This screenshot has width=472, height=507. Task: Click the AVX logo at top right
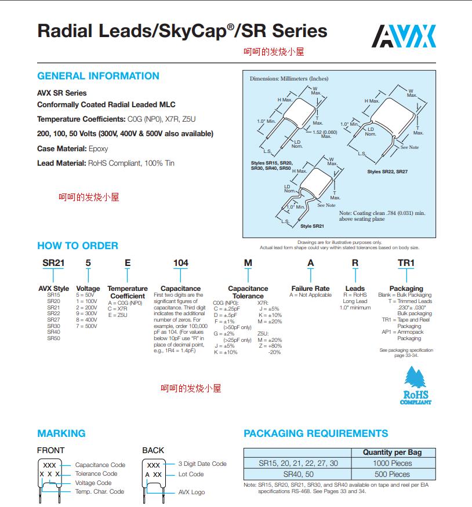403,36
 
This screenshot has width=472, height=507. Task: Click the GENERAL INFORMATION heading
98,76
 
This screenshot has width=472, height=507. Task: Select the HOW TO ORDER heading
78,246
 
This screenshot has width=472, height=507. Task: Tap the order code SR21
53,262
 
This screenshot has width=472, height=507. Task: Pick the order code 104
181,262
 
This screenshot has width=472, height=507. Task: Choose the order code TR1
406,262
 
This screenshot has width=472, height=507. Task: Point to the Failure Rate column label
310,289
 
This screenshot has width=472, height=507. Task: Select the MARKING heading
61,433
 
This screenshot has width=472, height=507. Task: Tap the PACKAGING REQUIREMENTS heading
316,433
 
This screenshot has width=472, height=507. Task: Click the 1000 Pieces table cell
392,463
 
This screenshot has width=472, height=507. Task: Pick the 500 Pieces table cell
392,474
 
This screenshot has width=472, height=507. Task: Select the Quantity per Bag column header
392,452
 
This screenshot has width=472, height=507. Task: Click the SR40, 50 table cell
297,474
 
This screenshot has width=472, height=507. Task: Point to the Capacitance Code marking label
100,465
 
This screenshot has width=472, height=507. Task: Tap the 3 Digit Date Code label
202,464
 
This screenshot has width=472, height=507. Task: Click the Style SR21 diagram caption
314,226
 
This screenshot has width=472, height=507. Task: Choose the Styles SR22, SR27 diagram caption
388,172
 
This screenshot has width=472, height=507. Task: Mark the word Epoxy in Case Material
99,149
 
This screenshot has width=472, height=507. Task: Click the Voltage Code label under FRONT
93,483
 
